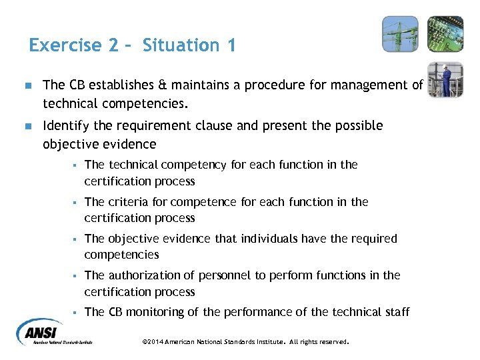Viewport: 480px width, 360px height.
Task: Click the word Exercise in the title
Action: click(x=65, y=45)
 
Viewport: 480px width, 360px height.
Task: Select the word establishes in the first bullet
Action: click(x=121, y=85)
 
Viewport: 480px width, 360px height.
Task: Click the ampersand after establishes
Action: click(x=163, y=85)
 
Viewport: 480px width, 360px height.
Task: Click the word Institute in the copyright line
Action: click(x=267, y=341)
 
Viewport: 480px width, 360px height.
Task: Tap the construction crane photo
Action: click(x=400, y=34)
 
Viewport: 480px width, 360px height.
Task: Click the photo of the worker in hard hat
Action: click(x=445, y=79)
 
